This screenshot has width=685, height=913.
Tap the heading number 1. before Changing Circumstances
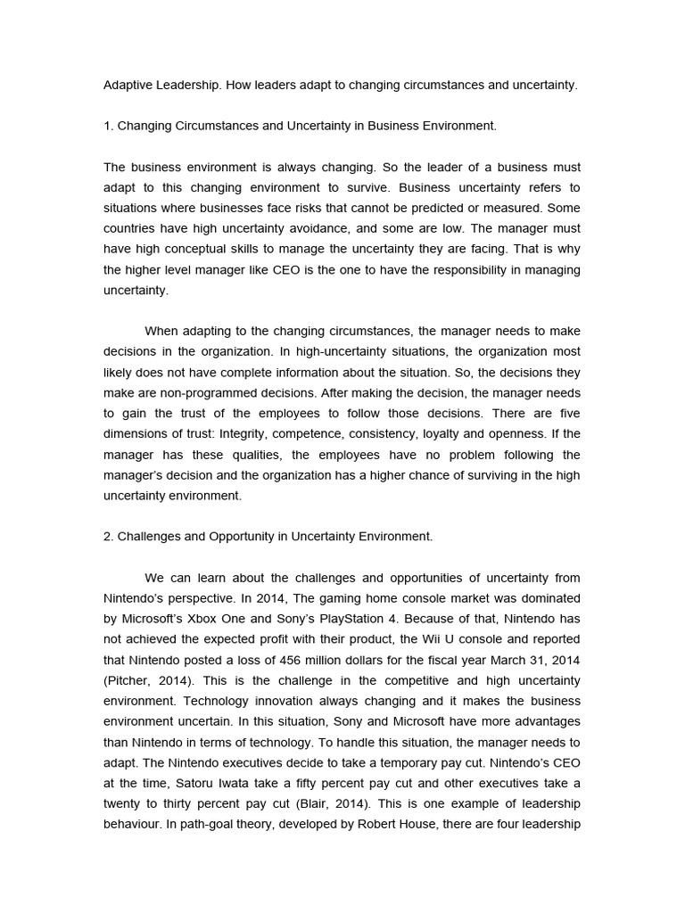tap(109, 127)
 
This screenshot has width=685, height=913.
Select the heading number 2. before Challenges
tap(109, 537)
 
